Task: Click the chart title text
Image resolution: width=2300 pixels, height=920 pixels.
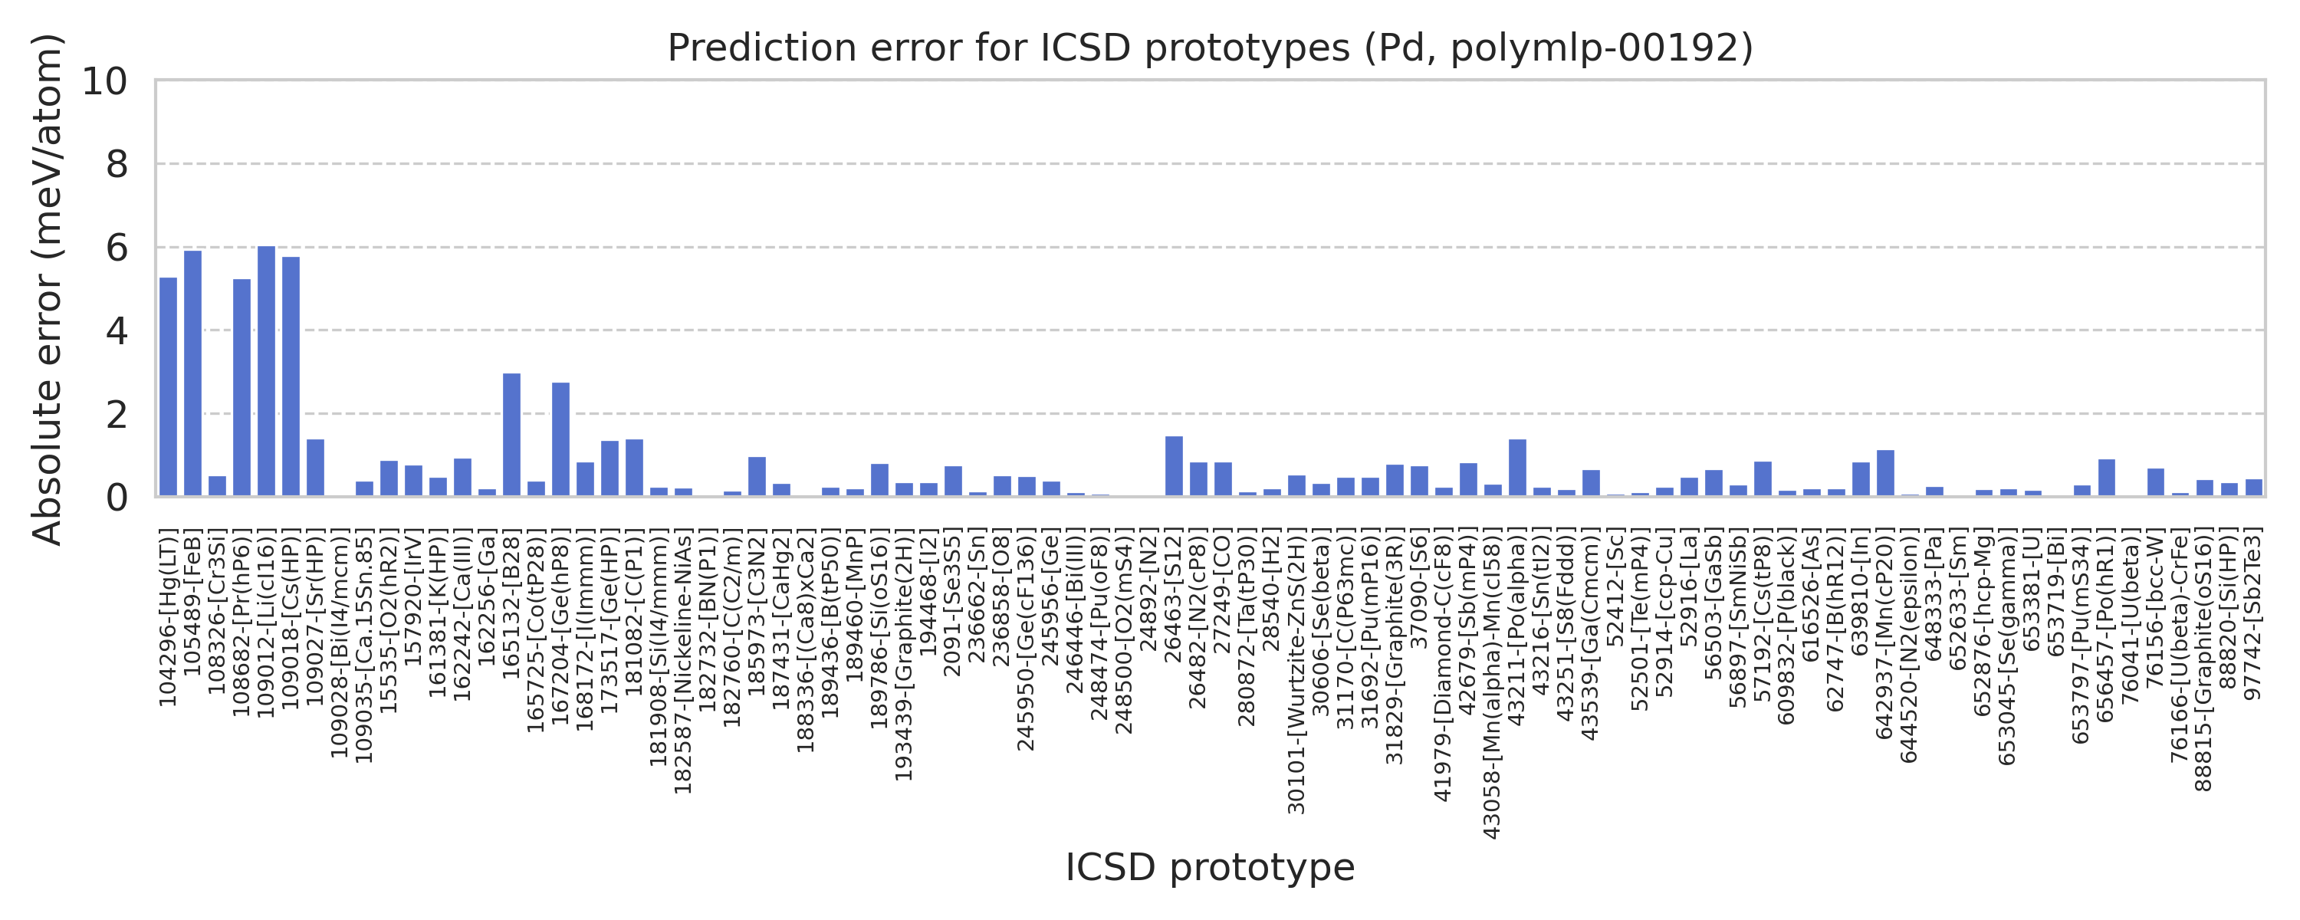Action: (x=1210, y=48)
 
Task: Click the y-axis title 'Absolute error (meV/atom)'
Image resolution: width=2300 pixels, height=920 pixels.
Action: (x=47, y=288)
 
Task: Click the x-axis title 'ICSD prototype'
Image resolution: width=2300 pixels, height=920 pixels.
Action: (x=1210, y=867)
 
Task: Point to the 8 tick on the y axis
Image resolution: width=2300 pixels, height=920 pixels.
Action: (x=117, y=164)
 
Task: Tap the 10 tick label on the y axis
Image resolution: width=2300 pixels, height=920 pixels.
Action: (x=105, y=81)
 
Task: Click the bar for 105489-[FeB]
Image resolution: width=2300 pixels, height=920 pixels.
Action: (x=193, y=373)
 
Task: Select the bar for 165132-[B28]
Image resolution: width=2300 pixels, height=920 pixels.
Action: (x=511, y=435)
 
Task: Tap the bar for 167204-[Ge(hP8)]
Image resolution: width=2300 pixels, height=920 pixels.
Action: (x=560, y=439)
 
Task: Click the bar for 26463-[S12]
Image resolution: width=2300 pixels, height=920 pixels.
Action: (x=1174, y=466)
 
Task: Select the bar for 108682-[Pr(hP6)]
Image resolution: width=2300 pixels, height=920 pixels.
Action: (x=242, y=388)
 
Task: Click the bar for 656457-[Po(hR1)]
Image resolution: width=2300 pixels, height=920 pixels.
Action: (x=2106, y=478)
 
